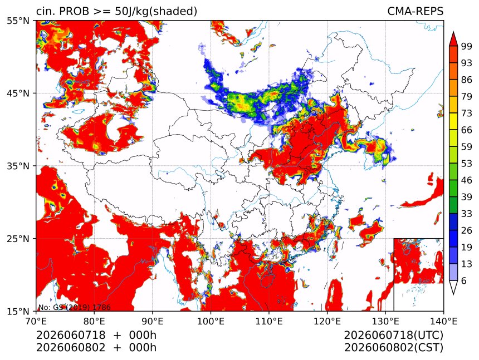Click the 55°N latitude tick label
tap(18, 21)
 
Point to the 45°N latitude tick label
tap(18, 93)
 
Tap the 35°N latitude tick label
tap(18, 166)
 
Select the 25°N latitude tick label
tap(18, 239)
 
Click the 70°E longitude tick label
tap(36, 321)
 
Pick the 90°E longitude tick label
tap(153, 321)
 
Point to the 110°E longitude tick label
tap(269, 321)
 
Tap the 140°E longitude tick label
tap(443, 321)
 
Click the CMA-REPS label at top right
tap(415, 11)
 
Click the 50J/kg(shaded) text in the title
tap(156, 12)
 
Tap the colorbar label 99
tap(467, 46)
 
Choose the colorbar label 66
tap(467, 130)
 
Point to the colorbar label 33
tap(467, 214)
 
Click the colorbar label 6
tap(464, 280)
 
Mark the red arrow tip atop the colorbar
tap(453, 31)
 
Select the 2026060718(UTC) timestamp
tap(393, 336)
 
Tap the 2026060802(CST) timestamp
tap(393, 348)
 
